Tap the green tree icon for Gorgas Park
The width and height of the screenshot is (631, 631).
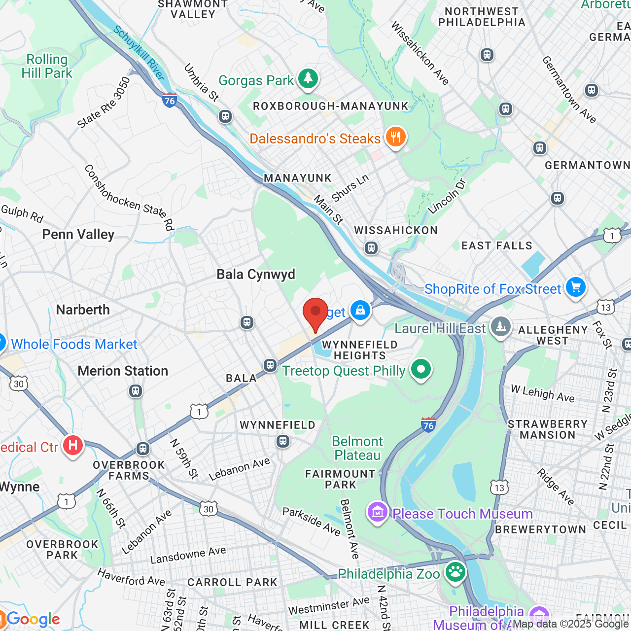308,79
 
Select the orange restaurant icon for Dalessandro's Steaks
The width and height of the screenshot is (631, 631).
395,137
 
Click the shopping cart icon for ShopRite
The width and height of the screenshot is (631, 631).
575,287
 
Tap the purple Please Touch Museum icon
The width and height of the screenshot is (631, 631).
378,513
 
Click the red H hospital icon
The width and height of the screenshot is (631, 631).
73,446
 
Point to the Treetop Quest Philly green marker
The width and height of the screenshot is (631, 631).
421,369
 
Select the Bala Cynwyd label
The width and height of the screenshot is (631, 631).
256,275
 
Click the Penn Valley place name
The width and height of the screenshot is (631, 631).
78,235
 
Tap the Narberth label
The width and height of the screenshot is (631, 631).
83,310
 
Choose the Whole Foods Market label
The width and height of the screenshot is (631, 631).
74,345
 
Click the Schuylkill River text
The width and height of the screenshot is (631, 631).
139,53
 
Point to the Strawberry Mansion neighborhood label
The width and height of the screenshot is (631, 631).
548,429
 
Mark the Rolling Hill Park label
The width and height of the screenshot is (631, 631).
47,67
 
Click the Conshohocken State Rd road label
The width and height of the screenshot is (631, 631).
129,198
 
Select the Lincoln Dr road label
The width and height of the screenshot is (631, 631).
447,197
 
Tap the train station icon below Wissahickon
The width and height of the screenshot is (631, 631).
371,248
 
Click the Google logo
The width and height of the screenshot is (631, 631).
33,619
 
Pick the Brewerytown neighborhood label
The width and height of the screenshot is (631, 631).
540,529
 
